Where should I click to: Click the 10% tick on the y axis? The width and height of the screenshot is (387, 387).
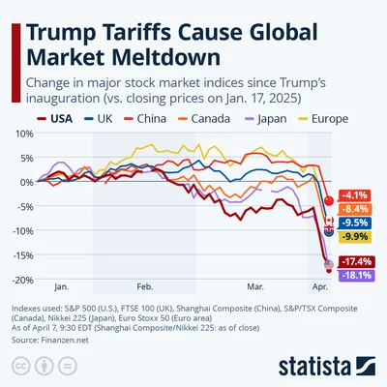[24, 133]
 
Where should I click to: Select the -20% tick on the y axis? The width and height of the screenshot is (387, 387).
[22, 281]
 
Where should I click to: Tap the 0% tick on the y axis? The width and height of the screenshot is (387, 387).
[26, 182]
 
